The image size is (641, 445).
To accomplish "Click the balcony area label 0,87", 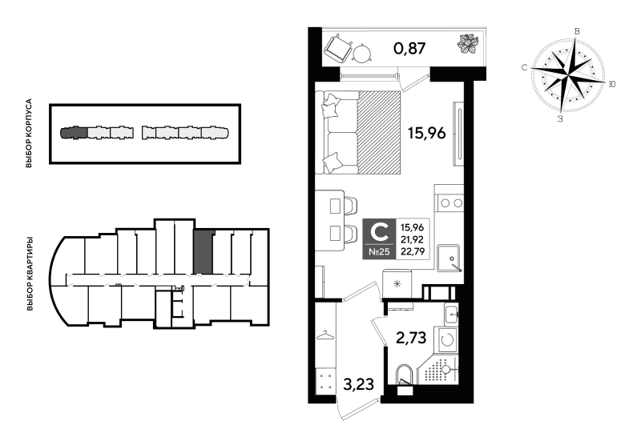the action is click(x=409, y=49).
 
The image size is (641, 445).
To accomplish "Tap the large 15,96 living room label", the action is click(x=426, y=133).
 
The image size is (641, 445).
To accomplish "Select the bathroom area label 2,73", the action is click(x=411, y=338).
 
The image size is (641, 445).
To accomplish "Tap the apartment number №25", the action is click(x=379, y=252).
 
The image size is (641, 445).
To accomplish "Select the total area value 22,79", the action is click(x=412, y=251).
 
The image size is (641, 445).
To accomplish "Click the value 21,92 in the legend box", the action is click(x=412, y=239).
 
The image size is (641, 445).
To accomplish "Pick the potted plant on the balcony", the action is click(x=467, y=44).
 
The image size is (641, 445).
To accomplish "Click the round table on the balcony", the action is click(x=361, y=53).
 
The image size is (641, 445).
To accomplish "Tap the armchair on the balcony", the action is click(x=338, y=47).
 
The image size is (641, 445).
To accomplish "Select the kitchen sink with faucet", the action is click(x=449, y=258).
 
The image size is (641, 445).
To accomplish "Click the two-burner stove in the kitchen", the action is click(x=450, y=203).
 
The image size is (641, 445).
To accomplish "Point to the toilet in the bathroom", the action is click(x=405, y=375).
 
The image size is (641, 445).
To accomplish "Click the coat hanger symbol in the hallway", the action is click(x=326, y=335).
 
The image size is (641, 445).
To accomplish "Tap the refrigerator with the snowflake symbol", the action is click(x=397, y=284).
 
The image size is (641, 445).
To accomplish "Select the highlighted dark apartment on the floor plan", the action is click(x=204, y=252).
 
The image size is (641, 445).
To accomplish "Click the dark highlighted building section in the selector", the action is click(x=74, y=133).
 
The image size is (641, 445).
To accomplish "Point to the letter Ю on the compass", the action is click(x=612, y=84).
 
